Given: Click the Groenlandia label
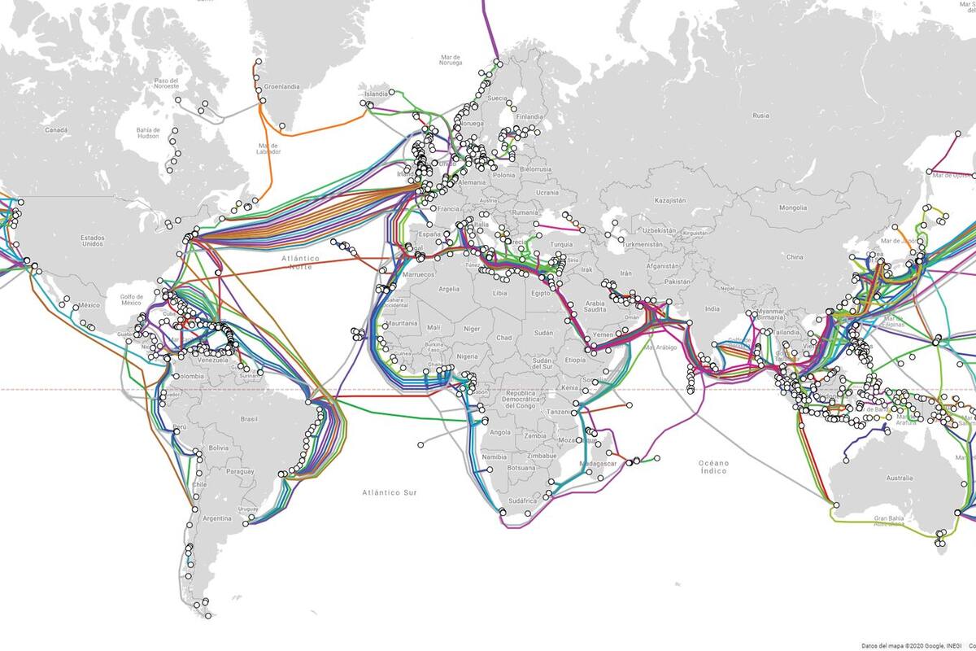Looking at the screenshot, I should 281,85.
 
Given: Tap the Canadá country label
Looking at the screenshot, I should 56,129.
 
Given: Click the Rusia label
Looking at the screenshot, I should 760,116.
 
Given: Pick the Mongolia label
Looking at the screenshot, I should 792,208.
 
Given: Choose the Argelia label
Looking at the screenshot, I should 449,289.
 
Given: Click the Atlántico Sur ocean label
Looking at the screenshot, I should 390,492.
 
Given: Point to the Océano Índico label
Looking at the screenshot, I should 713,466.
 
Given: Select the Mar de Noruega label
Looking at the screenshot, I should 451,60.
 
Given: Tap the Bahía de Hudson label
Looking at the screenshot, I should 149,133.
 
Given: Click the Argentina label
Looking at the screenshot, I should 217,518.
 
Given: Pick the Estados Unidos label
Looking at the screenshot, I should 92,240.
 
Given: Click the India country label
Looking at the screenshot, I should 712,308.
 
